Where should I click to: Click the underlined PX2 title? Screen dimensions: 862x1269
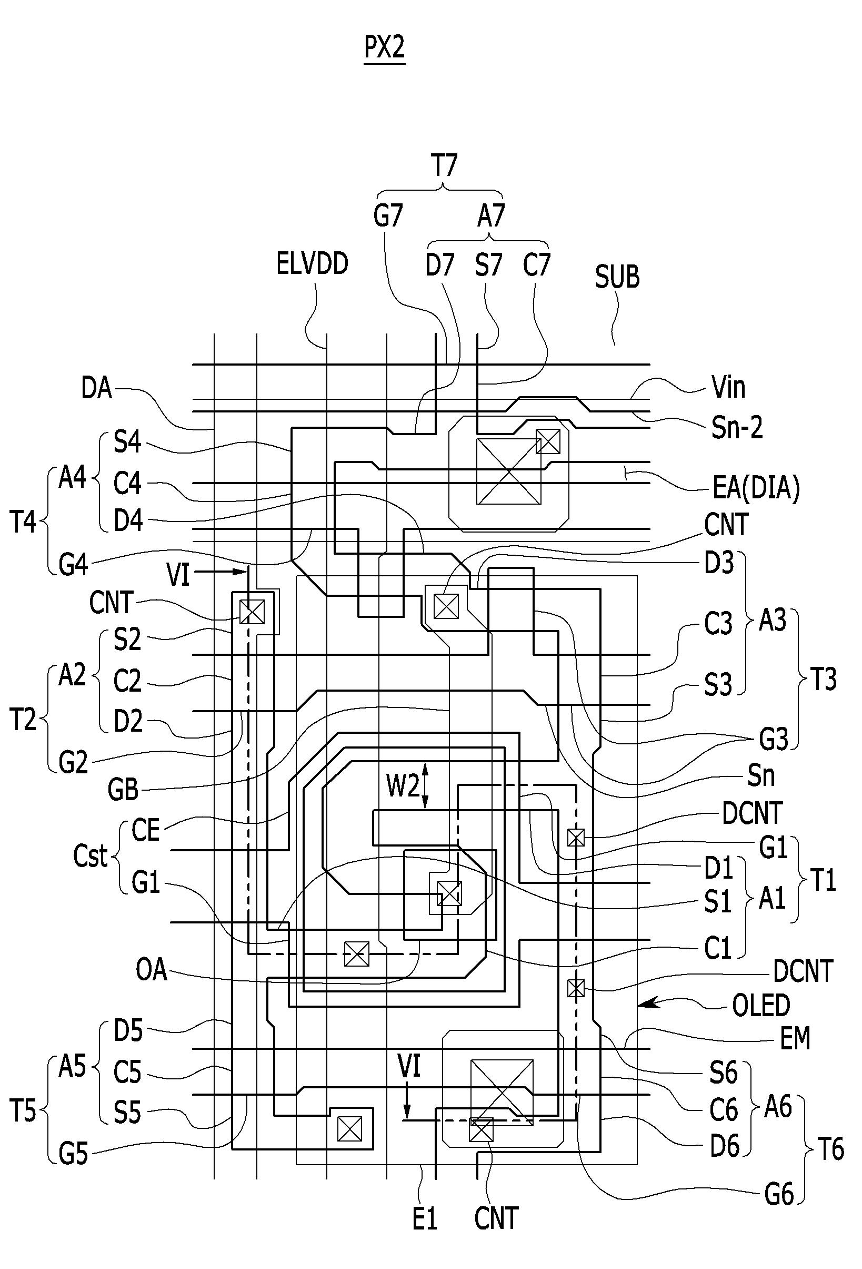[x=385, y=48]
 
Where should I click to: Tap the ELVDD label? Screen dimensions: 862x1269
[x=312, y=264]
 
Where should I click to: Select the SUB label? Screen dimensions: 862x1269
[x=617, y=277]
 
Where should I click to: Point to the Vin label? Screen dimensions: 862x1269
[x=728, y=387]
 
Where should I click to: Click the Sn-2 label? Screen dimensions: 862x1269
[x=737, y=428]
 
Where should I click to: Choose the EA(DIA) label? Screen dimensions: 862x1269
[x=756, y=488]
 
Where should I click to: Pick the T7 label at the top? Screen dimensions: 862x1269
[x=444, y=165]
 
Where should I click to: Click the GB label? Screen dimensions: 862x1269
[x=123, y=790]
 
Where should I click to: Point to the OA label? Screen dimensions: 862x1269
[x=151, y=970]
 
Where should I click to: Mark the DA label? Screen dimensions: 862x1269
[x=96, y=388]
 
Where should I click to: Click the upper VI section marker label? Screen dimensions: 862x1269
[x=178, y=575]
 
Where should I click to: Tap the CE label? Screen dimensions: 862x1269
[x=146, y=830]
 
